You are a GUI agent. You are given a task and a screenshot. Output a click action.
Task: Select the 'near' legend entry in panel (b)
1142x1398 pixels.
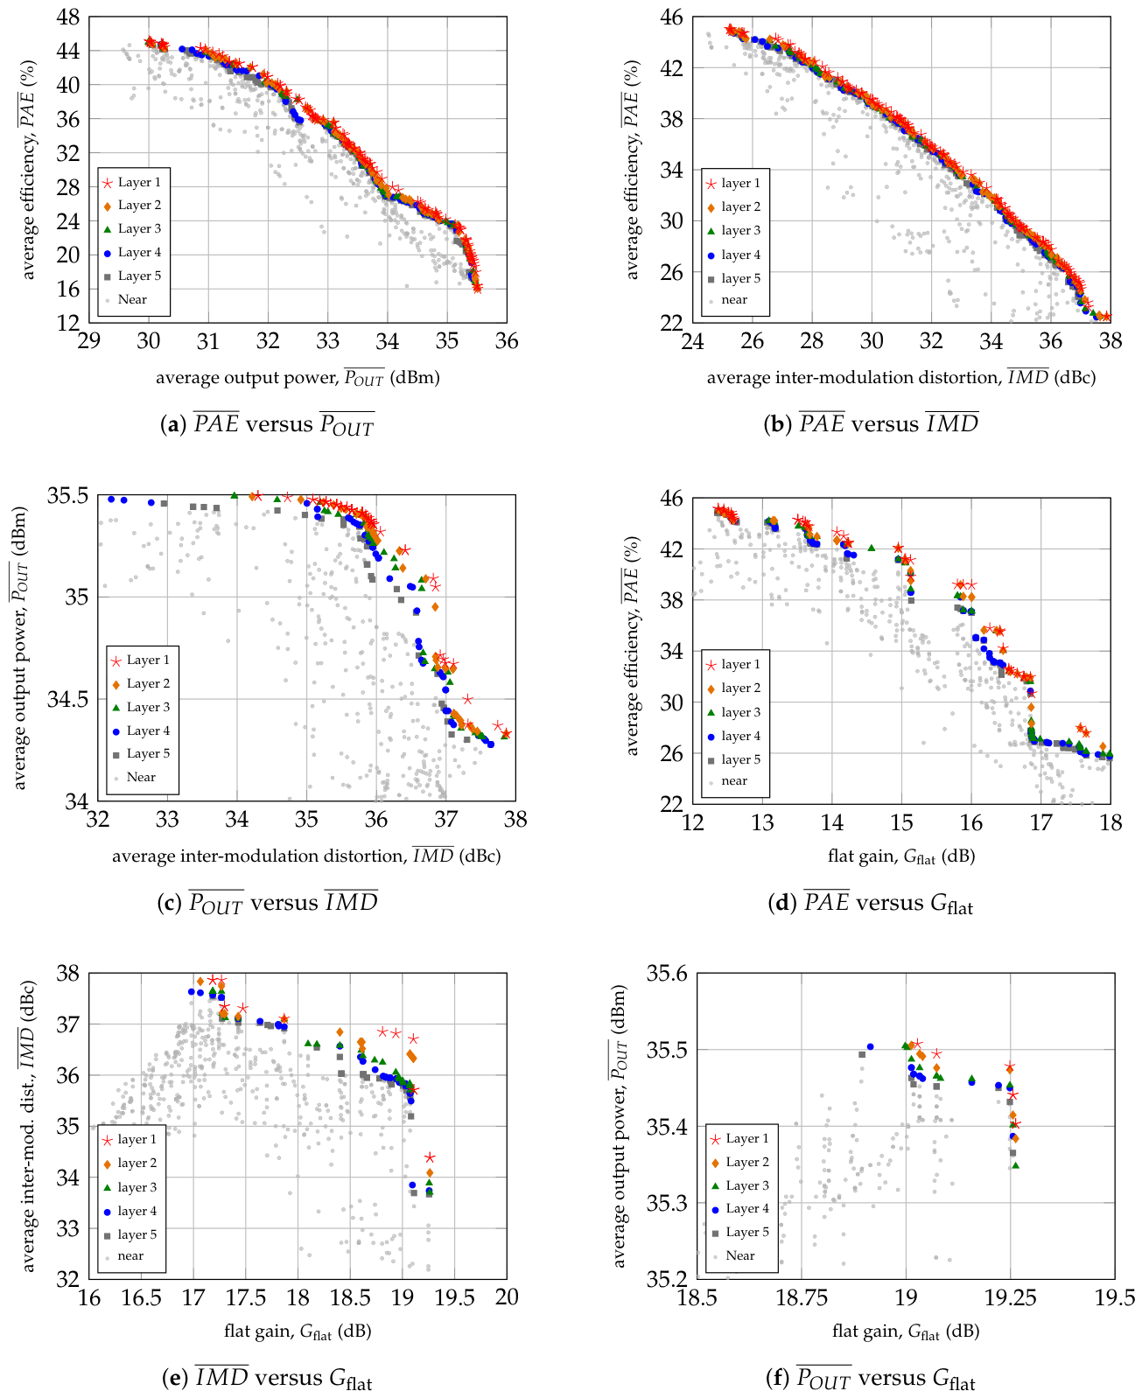tap(733, 300)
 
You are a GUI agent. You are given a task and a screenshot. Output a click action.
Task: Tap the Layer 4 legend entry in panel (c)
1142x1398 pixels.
tap(148, 730)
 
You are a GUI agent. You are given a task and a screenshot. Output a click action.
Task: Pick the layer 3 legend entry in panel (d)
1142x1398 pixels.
tap(740, 712)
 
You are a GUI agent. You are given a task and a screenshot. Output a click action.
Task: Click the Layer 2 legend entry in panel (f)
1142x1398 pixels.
tap(746, 1162)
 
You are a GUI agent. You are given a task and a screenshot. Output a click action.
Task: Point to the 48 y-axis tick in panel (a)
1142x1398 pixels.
tap(68, 17)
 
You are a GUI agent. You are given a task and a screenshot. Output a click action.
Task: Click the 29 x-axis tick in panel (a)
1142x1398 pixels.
tap(89, 342)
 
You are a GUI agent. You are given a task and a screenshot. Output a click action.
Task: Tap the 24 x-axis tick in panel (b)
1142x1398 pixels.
tap(693, 342)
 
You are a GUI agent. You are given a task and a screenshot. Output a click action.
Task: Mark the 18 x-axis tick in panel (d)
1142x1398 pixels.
tap(1110, 823)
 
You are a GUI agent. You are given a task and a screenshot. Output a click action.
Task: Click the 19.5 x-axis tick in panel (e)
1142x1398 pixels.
tap(455, 1298)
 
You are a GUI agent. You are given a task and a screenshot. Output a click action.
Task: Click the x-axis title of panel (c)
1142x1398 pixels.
tap(306, 856)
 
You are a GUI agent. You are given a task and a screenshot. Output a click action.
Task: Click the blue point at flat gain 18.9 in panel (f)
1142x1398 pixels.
tap(870, 1046)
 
